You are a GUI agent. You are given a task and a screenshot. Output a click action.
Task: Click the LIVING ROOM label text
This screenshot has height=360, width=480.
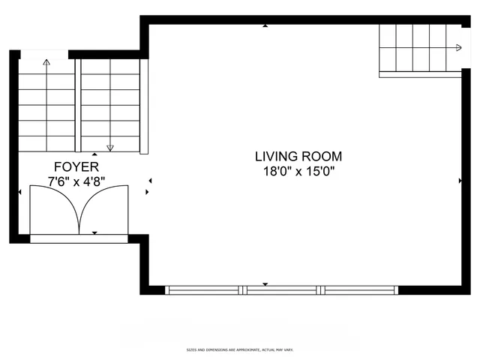point(298,157)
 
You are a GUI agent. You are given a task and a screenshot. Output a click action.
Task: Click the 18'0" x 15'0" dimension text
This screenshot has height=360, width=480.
point(298,171)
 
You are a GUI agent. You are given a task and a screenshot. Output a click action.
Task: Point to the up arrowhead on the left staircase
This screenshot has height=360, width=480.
point(46,62)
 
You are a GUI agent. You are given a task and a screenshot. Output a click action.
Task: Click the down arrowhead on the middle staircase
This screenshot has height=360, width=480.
point(110,148)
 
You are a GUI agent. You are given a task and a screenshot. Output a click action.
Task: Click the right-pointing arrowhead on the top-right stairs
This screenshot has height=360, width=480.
point(458,48)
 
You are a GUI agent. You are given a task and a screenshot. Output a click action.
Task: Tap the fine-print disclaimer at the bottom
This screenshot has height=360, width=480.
point(240,350)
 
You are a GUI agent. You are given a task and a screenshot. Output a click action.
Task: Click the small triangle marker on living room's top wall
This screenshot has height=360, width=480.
point(265,26)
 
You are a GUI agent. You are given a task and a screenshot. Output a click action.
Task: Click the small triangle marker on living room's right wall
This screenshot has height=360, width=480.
point(460,181)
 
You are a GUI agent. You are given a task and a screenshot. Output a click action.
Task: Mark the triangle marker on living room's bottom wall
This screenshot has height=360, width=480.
point(265,283)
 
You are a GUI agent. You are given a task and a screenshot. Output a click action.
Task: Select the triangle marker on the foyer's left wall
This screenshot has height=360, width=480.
point(19,192)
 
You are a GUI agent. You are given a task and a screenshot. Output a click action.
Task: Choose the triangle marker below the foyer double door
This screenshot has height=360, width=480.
point(94,233)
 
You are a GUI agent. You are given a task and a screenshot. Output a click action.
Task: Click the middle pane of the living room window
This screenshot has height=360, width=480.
point(282,289)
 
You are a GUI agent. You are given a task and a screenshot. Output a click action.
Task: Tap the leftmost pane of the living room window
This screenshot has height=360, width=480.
point(204,289)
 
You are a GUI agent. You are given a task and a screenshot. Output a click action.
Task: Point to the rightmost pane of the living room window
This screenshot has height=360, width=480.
point(359,289)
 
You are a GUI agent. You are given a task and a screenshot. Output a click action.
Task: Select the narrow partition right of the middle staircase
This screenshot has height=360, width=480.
point(145,105)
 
